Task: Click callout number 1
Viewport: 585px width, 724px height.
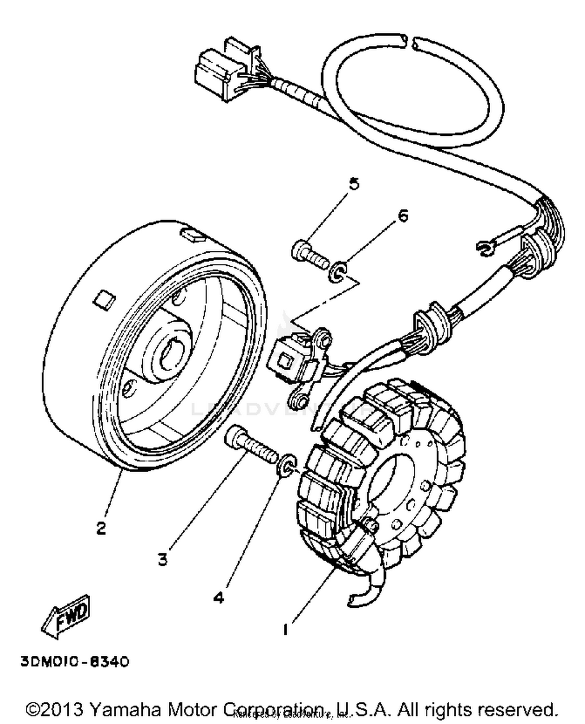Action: [x=285, y=629]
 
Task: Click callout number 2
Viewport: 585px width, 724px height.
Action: [x=101, y=528]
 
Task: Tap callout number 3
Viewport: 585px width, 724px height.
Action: [x=163, y=559]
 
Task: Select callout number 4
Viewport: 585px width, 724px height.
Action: [x=219, y=597]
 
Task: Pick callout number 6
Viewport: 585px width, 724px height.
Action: [x=403, y=215]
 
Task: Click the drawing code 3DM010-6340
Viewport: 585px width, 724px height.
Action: [x=74, y=662]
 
